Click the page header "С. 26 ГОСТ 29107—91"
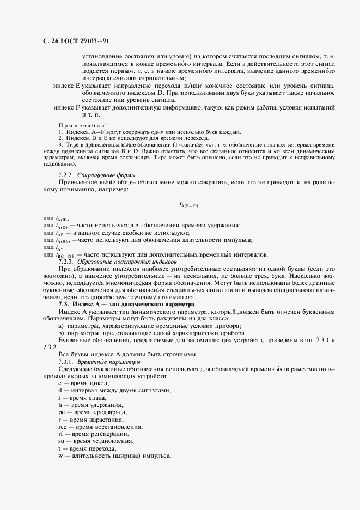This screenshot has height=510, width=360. [76, 41]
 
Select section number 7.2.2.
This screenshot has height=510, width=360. [65, 174]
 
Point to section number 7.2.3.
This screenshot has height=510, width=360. [65, 262]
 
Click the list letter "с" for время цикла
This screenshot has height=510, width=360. [59, 384]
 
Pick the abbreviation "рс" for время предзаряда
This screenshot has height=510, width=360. [60, 412]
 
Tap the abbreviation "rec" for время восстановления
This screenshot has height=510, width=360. [62, 426]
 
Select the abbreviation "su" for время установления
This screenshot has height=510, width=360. [60, 440]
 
